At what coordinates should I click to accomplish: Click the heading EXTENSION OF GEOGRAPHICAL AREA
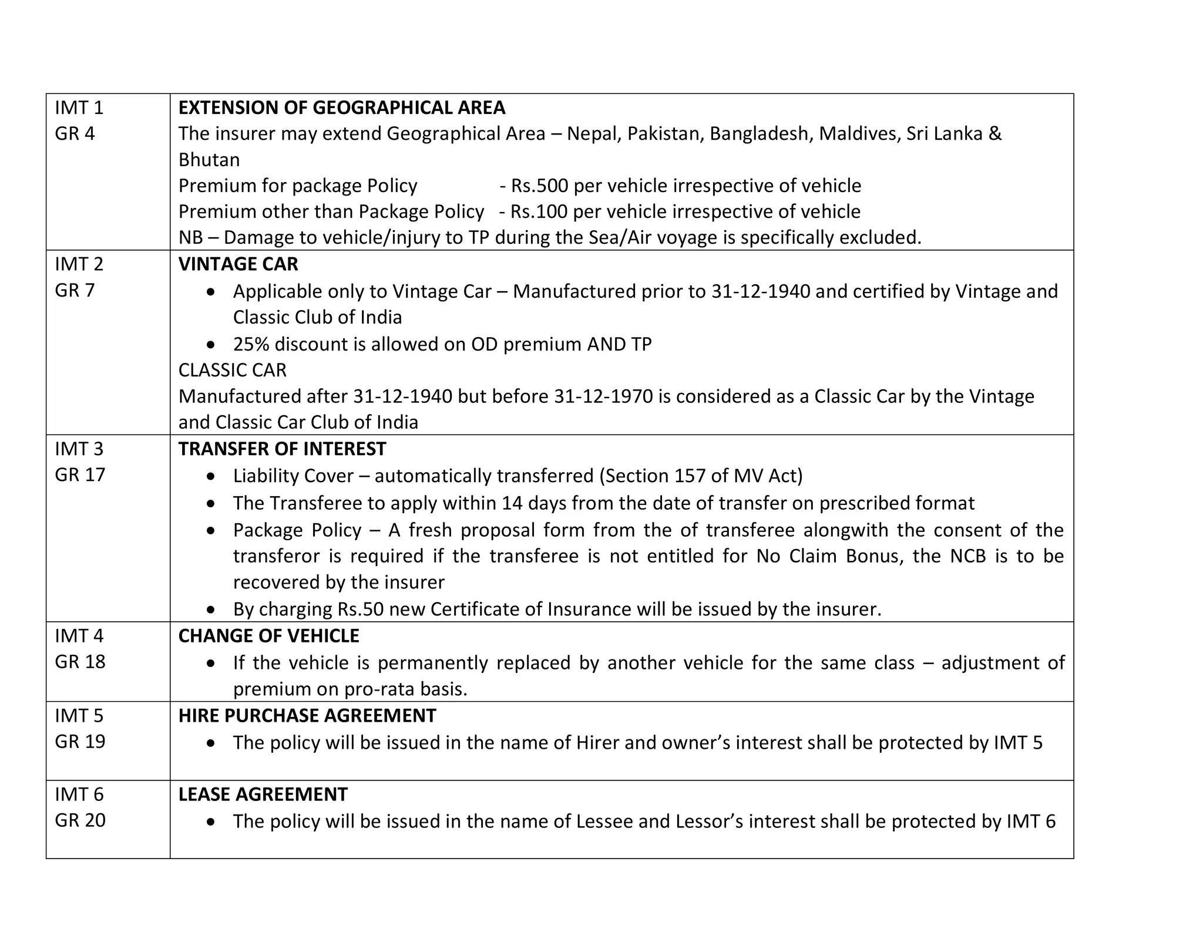[x=341, y=107]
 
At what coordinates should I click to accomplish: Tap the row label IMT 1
[x=79, y=107]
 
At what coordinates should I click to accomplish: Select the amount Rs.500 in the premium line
[x=539, y=186]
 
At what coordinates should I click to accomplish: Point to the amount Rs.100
[x=539, y=211]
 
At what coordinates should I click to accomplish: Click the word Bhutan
[x=209, y=160]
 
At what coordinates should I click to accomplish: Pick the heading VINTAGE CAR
[x=238, y=264]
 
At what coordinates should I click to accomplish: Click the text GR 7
[x=75, y=290]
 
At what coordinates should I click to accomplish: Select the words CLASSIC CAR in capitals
[x=233, y=370]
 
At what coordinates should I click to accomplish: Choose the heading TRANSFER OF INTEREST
[x=282, y=449]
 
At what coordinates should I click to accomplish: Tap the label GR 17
[x=80, y=474]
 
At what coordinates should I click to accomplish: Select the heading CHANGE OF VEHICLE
[x=268, y=636]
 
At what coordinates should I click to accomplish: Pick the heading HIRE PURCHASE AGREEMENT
[x=307, y=715]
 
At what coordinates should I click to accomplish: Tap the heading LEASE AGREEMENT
[x=263, y=794]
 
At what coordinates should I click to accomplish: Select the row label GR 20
[x=80, y=820]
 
